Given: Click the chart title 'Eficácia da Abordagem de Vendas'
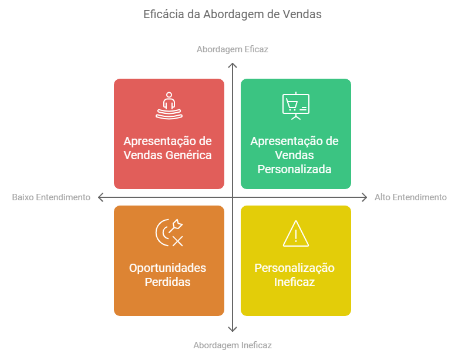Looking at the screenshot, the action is (x=232, y=14).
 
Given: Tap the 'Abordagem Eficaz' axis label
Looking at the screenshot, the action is (x=232, y=49).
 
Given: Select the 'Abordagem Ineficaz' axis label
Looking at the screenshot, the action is (x=232, y=345).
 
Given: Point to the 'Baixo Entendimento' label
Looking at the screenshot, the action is (x=51, y=197).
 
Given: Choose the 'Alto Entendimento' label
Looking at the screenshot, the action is (x=410, y=197).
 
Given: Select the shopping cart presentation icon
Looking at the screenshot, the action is (x=296, y=106).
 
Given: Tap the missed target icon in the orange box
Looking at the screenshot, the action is (x=169, y=233).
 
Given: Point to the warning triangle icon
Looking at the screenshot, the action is (x=296, y=234).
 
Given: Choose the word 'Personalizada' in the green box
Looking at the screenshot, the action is (x=294, y=169).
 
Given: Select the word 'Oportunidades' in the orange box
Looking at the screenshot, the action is (x=168, y=268).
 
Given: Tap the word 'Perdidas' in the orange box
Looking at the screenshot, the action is (x=168, y=282).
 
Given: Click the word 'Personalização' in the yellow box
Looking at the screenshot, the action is (x=294, y=268).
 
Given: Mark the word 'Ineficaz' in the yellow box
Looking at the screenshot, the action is (x=294, y=282).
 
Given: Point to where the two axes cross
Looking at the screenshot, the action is (x=233, y=197).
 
